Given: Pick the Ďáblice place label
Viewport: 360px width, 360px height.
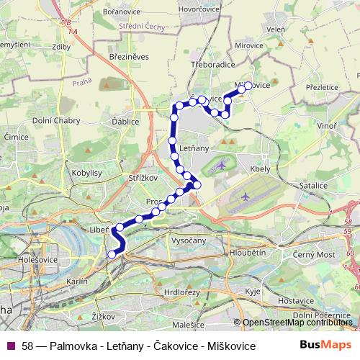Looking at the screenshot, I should tap(125, 123).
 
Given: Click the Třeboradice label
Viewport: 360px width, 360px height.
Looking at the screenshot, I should tap(214, 63).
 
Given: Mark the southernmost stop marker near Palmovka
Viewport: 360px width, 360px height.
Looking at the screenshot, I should tap(111, 253).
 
